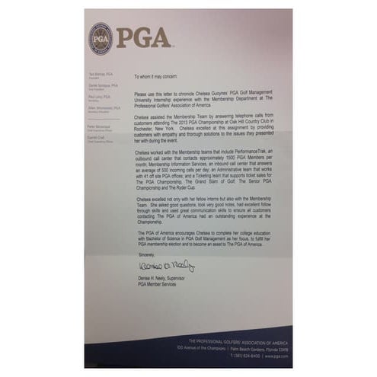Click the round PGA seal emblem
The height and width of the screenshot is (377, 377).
click(100, 38)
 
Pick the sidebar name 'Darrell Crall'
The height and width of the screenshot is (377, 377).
click(96, 135)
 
